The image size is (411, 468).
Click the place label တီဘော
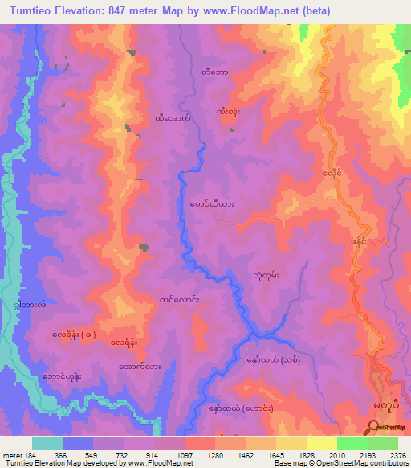point(214,72)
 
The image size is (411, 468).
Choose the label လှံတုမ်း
point(264,274)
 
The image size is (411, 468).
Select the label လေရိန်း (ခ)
point(75,334)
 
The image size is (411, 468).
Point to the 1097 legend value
point(185,455)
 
